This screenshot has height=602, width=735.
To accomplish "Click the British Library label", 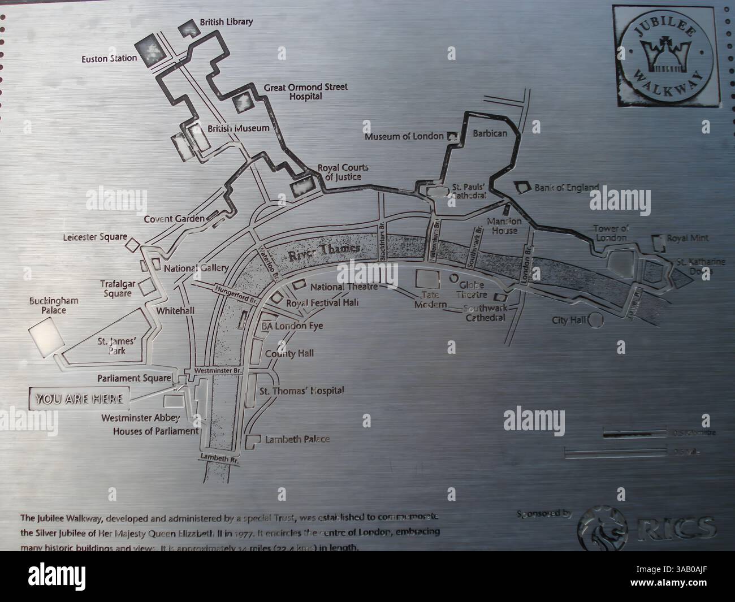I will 226,23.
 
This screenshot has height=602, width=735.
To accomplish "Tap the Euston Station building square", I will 150,50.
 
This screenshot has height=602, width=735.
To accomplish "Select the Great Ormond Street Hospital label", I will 305,92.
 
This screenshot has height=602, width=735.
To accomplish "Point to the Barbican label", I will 490,133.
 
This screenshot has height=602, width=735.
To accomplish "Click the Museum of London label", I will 404,137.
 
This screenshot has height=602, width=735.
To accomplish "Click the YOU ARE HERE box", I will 79,399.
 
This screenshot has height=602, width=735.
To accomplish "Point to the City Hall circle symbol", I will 596,321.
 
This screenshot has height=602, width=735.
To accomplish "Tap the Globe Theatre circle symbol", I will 453,279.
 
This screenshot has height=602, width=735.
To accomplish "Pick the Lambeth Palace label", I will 297,439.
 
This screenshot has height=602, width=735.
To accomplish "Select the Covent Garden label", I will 174,219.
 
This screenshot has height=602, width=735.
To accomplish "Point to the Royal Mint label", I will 688,239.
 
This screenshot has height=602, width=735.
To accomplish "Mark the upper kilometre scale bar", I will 634,434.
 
